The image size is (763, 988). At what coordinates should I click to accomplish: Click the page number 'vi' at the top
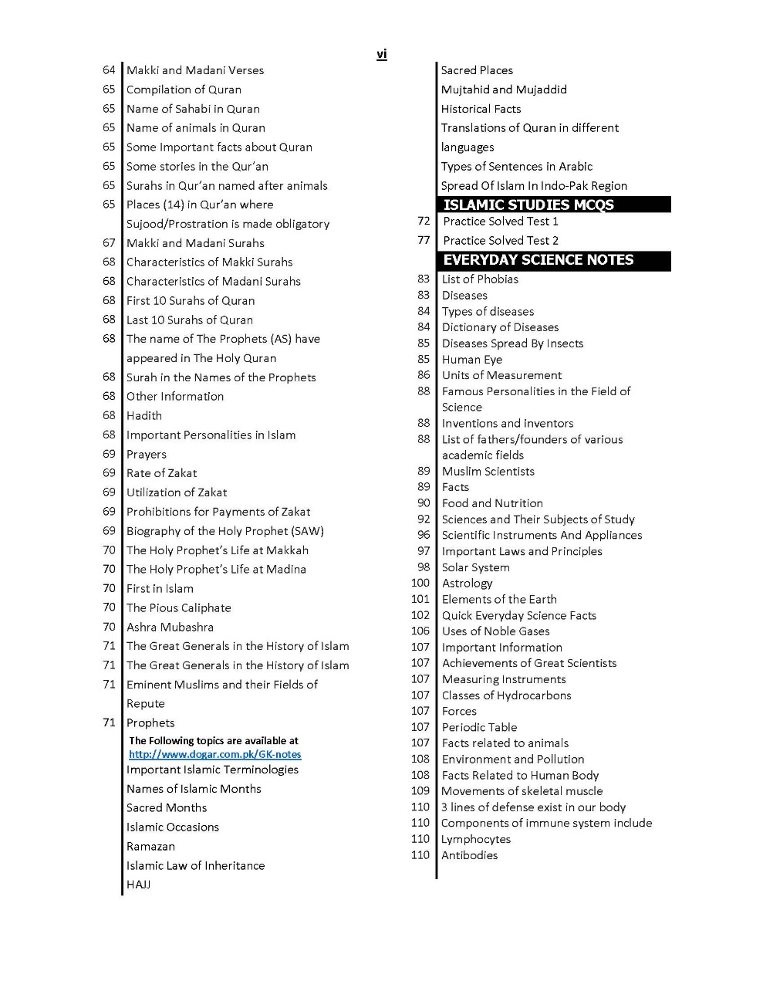pos(381,54)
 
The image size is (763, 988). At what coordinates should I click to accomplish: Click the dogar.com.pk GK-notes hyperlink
pos(214,754)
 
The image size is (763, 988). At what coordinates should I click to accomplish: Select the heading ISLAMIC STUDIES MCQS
pos(528,205)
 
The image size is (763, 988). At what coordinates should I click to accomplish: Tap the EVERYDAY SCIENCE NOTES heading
pos(538,260)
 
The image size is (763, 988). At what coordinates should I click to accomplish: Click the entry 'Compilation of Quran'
pos(184,90)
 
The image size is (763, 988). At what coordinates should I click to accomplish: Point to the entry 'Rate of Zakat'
pos(161,473)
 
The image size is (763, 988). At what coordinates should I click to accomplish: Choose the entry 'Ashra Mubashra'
pos(170,627)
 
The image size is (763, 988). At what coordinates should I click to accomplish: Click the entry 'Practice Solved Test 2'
pos(501,240)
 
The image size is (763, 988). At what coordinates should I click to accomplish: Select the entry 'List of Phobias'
pos(480,279)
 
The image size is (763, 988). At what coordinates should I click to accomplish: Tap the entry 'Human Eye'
pos(471,359)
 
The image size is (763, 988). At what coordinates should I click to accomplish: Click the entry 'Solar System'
pos(475,567)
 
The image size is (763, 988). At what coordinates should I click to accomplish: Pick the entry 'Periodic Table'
pos(479,727)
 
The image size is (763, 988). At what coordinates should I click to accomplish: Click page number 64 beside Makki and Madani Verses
pos(109,70)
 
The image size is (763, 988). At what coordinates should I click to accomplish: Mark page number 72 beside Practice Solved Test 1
pos(424,221)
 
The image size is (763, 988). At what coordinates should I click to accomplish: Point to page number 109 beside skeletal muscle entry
pos(420,790)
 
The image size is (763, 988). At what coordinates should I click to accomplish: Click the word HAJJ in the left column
pos(138,885)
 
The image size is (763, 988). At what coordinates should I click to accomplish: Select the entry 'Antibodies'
pos(469,855)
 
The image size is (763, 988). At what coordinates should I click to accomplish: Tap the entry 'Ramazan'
pos(150,846)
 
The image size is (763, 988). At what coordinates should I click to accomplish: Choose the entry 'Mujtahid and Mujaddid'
pos(504,90)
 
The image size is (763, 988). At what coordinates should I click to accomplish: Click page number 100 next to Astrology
pos(420,583)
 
